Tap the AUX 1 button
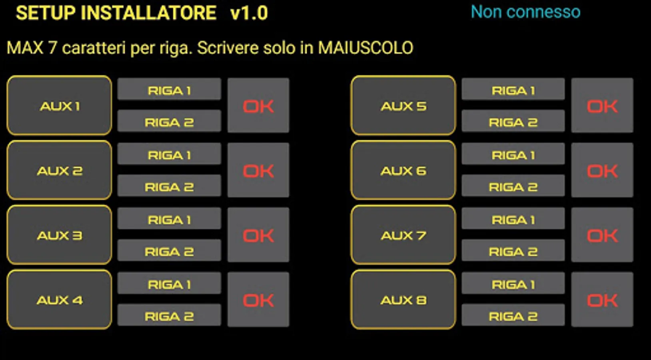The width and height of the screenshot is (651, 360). pos(59,106)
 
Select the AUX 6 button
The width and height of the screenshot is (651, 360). pos(403,170)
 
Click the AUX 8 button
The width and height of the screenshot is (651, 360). pos(403,300)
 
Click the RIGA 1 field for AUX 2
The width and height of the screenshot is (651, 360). pos(169,154)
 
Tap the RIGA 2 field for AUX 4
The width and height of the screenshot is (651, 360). pos(169,316)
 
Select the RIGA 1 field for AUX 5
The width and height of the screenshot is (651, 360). pos(513,90)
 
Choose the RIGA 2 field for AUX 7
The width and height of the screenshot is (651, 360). pos(513,251)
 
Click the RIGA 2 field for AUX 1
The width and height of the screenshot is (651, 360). pos(169,122)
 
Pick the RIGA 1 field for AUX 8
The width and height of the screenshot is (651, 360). pos(513,284)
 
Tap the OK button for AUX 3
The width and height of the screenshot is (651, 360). pos(258,235)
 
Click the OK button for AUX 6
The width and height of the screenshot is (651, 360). pos(602,170)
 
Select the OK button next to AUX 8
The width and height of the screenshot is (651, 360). pos(602,300)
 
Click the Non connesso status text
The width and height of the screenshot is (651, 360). pos(525,12)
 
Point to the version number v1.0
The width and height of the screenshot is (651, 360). pos(249,13)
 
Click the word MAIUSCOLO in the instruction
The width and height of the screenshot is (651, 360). pos(365,48)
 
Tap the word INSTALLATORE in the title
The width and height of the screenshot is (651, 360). pos(149,13)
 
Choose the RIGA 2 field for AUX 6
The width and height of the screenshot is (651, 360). pos(513,186)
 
